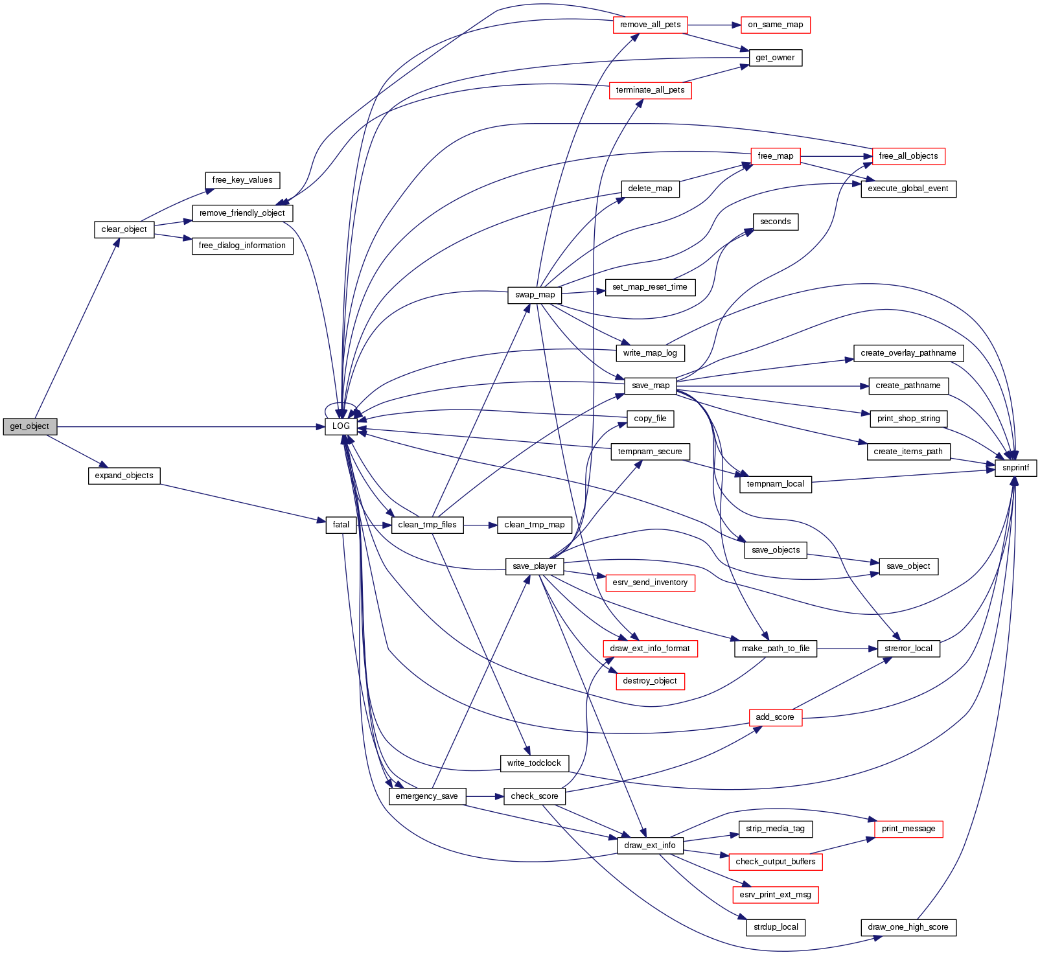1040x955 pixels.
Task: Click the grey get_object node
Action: (x=30, y=426)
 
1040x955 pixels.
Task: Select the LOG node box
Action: (x=341, y=426)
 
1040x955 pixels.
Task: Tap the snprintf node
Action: (x=1015, y=468)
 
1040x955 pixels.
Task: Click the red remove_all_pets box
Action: (x=650, y=25)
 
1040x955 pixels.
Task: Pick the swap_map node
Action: (x=535, y=295)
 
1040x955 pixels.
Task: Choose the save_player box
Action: (x=534, y=566)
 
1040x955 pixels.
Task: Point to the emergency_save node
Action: (x=426, y=796)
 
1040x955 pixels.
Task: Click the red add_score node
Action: (x=774, y=717)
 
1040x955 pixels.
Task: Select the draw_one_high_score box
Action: (x=908, y=927)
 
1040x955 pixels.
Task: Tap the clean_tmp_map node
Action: (x=534, y=525)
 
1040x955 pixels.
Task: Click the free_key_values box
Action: (x=242, y=180)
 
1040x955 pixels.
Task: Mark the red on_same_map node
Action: (x=775, y=25)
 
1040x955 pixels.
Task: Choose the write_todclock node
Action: (x=534, y=763)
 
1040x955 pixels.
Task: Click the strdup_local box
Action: (x=776, y=927)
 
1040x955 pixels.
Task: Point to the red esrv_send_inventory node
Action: (x=650, y=582)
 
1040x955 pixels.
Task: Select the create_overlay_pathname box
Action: (x=908, y=353)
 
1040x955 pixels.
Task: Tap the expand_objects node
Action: (x=124, y=476)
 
